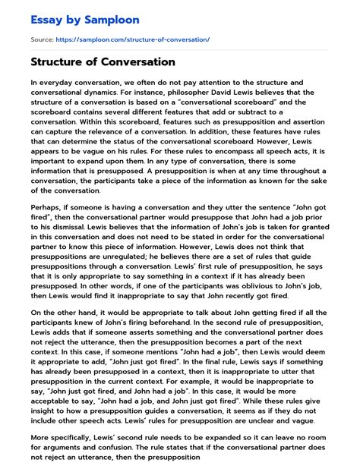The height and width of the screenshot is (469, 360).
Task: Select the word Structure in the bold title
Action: pyautogui.click(x=62, y=61)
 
